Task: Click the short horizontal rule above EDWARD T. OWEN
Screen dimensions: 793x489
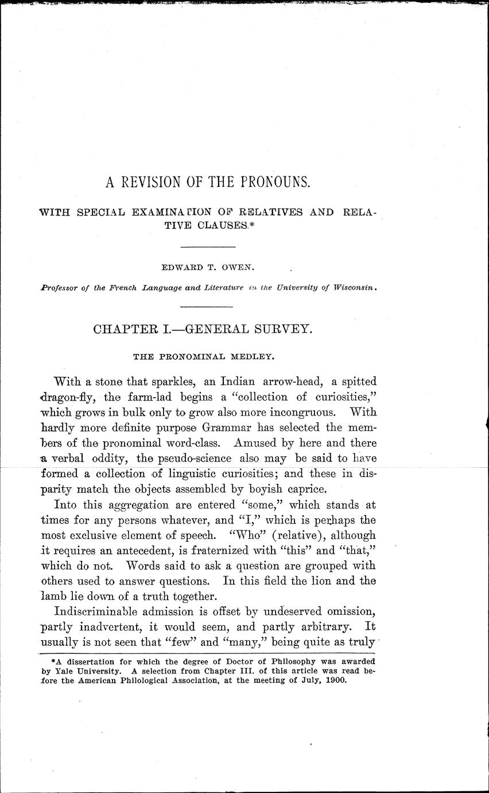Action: [208, 247]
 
